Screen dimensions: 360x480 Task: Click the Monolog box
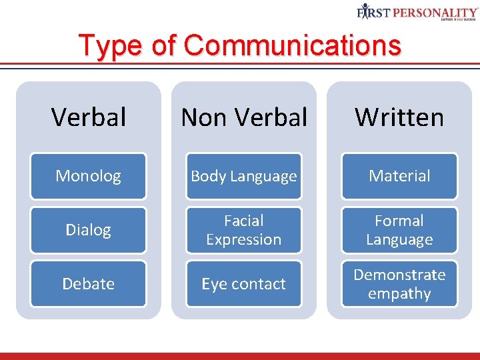(x=88, y=176)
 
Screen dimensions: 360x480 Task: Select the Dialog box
(x=88, y=230)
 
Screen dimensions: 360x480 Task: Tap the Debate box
(x=88, y=284)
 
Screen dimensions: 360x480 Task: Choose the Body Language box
(x=243, y=176)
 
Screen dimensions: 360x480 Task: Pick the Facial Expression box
(x=243, y=230)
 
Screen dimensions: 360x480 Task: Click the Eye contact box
(x=243, y=284)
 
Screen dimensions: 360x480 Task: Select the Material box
(x=399, y=176)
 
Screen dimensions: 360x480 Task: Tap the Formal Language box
(x=399, y=230)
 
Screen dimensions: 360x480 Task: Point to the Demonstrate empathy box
(x=399, y=284)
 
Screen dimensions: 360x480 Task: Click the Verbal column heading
(x=88, y=117)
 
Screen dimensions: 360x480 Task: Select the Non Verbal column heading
(x=244, y=117)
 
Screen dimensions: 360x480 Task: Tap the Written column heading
(x=399, y=117)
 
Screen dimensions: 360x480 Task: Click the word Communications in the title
(x=293, y=46)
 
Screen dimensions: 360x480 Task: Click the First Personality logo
(x=417, y=11)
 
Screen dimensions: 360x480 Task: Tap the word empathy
(x=399, y=294)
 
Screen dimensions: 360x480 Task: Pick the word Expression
(x=243, y=240)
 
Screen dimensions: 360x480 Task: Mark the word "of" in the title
(x=163, y=46)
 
